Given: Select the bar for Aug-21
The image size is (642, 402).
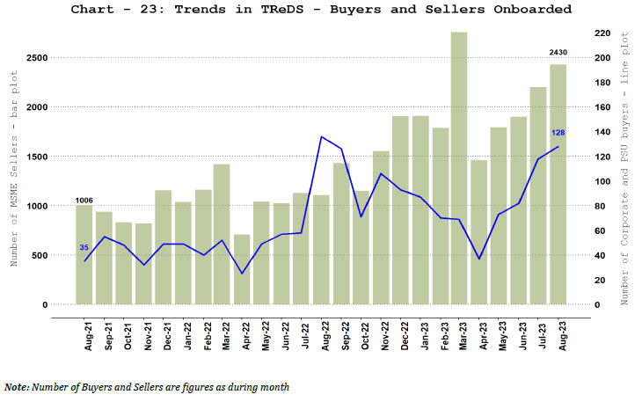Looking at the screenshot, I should pos(84,255).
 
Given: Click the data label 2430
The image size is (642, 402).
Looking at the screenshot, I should pos(558,55).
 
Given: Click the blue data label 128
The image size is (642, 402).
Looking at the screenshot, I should pos(558,133).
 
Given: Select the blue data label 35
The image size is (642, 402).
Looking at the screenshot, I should pos(84,247).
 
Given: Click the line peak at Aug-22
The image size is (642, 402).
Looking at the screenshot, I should pos(322,137).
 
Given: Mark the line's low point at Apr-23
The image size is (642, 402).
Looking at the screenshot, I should pos(479,259).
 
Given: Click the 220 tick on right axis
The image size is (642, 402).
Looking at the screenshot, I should pos(602,33).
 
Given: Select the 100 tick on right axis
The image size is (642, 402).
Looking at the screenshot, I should pos(602,181).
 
